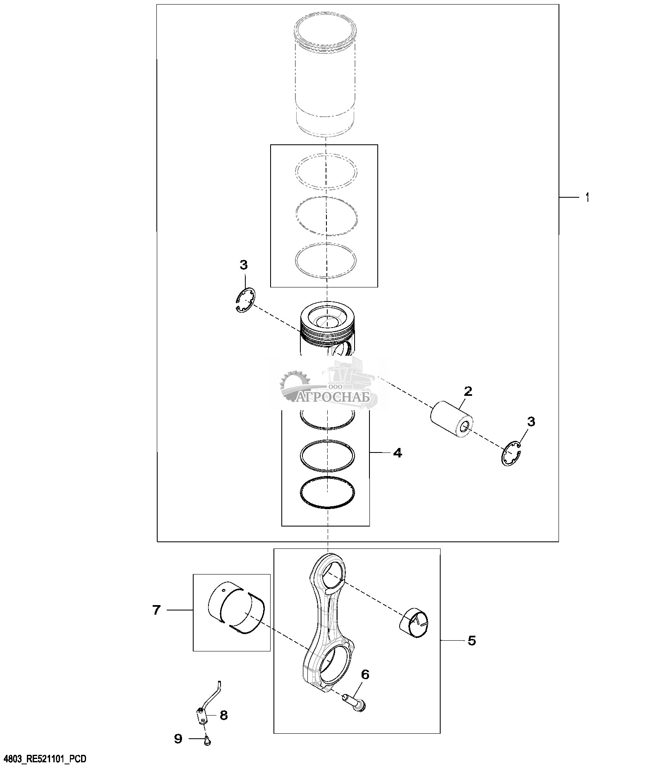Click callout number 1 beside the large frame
[x=587, y=198]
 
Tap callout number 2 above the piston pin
[x=468, y=391]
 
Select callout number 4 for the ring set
[x=397, y=453]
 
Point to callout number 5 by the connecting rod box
[x=472, y=641]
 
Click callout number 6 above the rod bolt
[x=365, y=675]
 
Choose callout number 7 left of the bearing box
[x=156, y=610]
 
